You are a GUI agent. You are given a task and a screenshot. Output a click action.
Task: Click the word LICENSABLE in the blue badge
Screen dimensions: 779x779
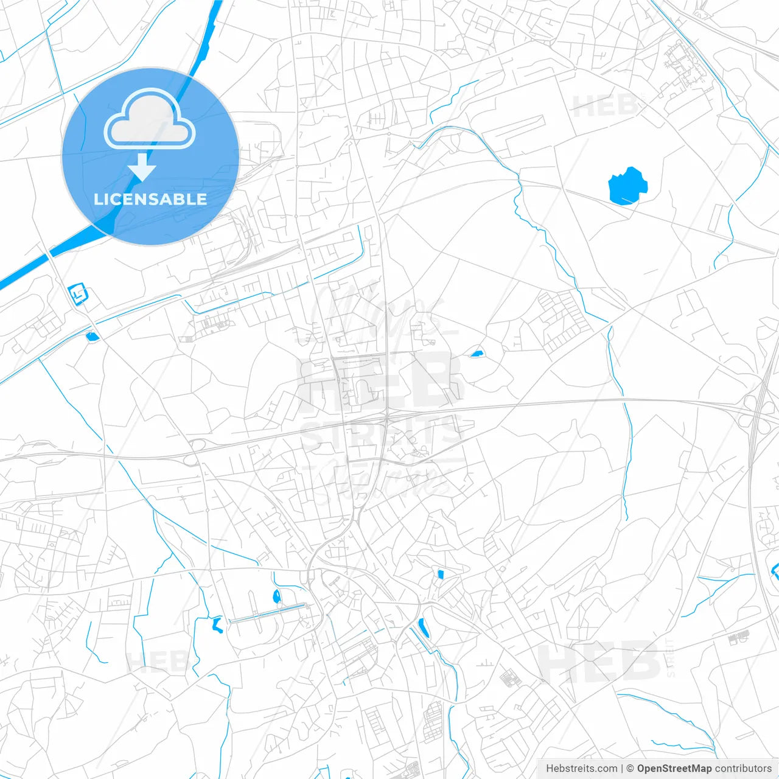tap(150, 199)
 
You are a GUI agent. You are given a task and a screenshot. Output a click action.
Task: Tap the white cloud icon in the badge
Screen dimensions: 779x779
tap(150, 119)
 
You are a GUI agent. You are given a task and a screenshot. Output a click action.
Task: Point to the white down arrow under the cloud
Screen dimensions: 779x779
tap(142, 167)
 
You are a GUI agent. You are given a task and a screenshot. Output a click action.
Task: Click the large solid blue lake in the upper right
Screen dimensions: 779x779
tap(627, 186)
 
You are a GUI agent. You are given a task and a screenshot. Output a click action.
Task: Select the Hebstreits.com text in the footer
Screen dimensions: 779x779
tap(581, 769)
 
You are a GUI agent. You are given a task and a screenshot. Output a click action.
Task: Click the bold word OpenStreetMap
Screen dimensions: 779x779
tap(674, 769)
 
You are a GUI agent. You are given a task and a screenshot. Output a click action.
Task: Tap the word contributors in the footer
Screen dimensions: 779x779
tap(743, 769)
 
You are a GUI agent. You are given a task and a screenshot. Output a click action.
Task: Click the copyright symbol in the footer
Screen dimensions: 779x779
tap(630, 769)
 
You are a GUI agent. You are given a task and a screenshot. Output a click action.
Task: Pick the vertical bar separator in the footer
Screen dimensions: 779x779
tap(622, 769)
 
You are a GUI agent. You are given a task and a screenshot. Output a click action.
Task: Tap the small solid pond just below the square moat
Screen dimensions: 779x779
tap(93, 335)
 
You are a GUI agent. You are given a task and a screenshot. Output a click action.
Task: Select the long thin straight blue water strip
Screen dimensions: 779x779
tap(268, 613)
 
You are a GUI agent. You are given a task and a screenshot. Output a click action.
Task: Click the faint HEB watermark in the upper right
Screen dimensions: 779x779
tap(605, 107)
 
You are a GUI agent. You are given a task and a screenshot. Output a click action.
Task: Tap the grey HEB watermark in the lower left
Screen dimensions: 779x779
tap(156, 662)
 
